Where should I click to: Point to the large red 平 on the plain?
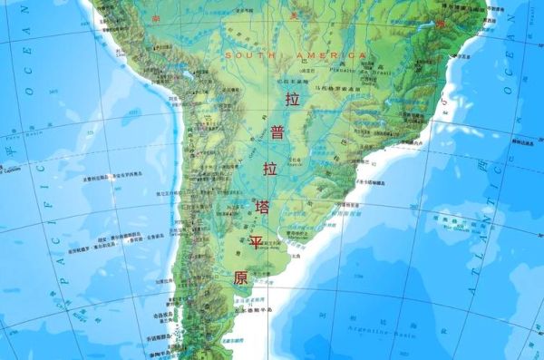click(x=257, y=242)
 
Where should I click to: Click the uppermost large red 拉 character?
click(x=291, y=99)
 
